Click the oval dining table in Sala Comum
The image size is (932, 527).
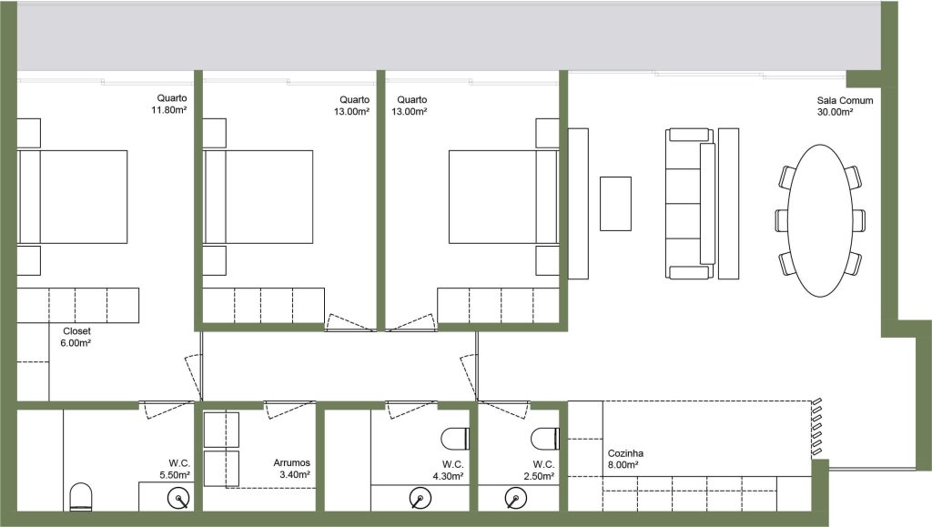(820, 220)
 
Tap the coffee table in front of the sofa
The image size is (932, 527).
(615, 204)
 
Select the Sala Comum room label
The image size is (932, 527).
(845, 100)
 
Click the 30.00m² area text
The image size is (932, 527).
(836, 112)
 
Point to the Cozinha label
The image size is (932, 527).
(625, 452)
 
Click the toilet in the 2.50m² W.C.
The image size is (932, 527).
(545, 439)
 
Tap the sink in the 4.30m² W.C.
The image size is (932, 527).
(420, 499)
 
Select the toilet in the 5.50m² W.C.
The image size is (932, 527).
(81, 497)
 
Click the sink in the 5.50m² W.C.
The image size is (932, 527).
(179, 499)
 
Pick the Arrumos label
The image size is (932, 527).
(291, 462)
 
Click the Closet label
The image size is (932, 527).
(76, 331)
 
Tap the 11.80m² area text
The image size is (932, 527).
(169, 110)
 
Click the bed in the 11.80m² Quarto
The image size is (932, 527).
(73, 197)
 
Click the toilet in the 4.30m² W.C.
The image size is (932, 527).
(455, 439)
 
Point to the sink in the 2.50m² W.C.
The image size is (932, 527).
(515, 499)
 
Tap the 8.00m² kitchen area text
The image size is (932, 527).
(623, 464)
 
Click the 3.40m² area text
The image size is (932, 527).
(294, 474)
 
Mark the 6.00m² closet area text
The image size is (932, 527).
(76, 343)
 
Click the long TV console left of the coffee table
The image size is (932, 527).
(578, 204)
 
